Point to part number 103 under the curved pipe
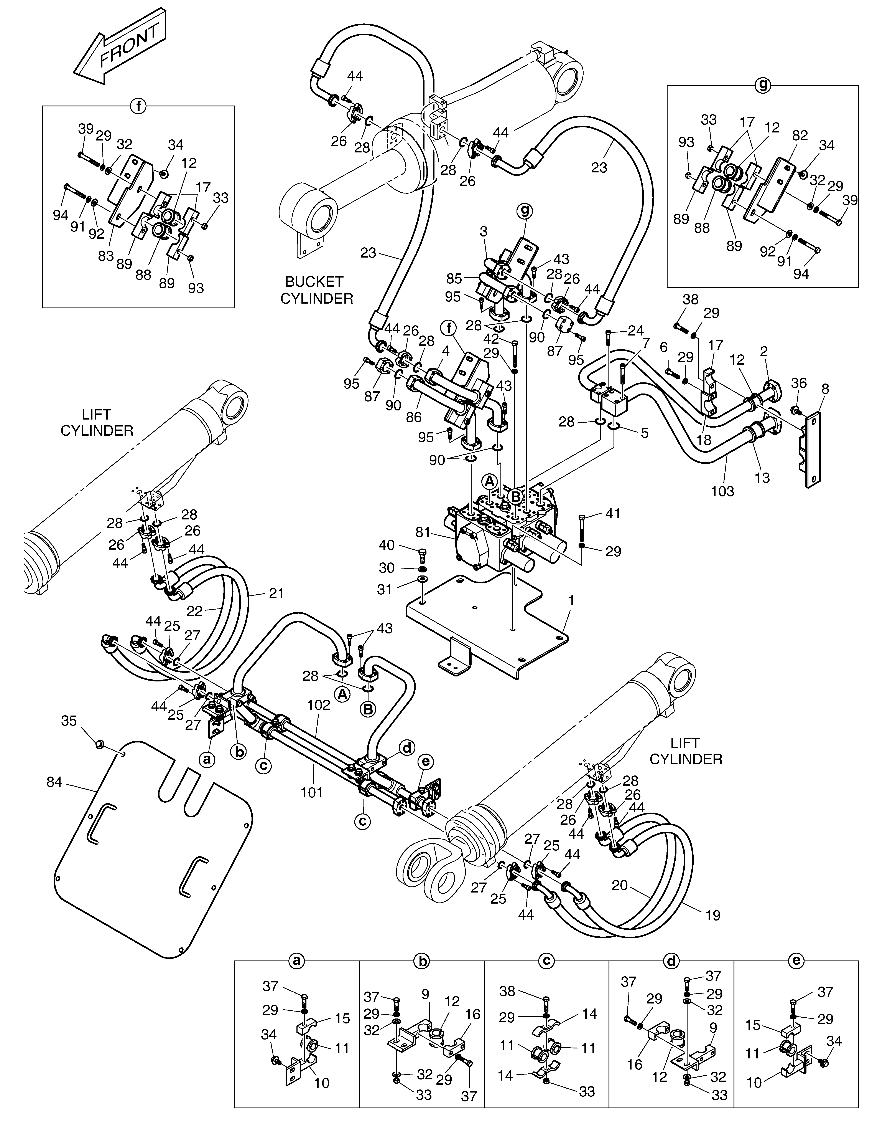point(722,491)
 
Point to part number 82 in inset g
point(800,136)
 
